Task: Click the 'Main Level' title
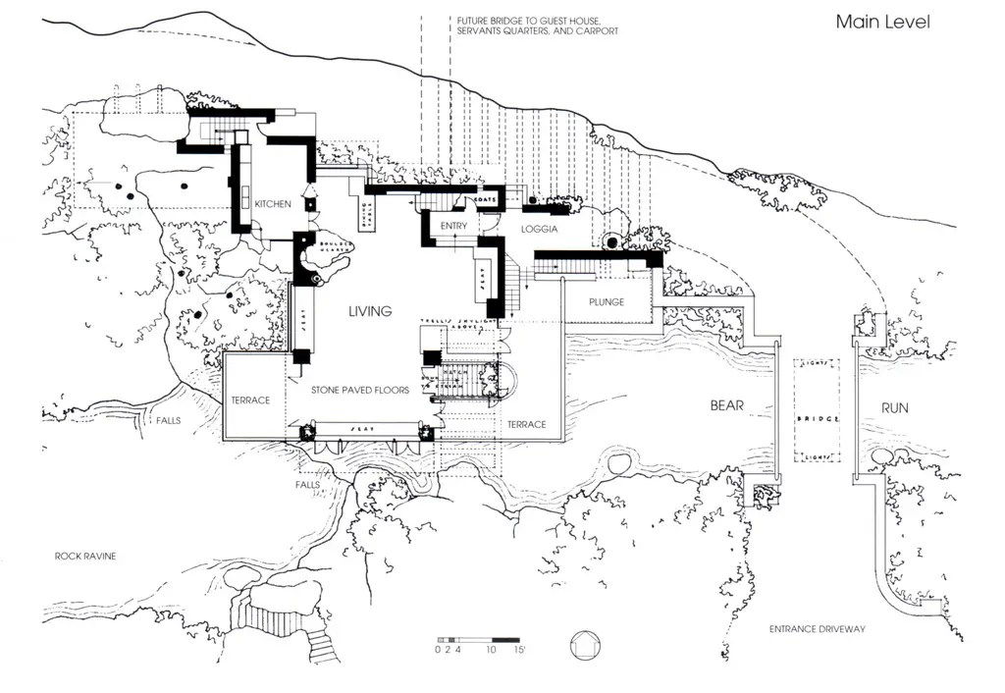tap(882, 22)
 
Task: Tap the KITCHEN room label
tap(272, 204)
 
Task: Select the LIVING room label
tap(370, 311)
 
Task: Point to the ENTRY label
tap(453, 227)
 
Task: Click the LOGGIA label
tap(539, 229)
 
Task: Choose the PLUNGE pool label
tap(607, 302)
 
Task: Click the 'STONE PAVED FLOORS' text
tap(359, 390)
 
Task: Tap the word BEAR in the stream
tap(727, 405)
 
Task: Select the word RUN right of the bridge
tap(894, 406)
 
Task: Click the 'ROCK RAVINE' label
tap(84, 557)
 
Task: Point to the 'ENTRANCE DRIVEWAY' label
tap(817, 629)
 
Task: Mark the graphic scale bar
tap(477, 639)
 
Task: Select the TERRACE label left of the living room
tap(250, 400)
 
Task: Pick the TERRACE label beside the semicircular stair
tap(526, 424)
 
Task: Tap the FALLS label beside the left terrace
tap(168, 420)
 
